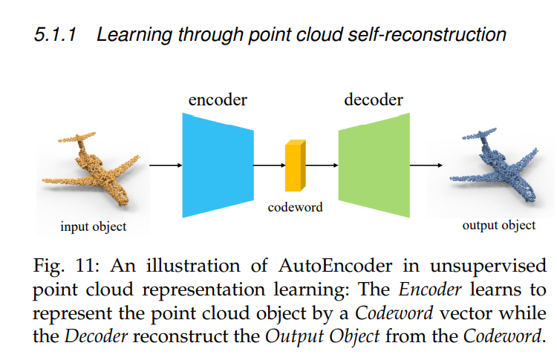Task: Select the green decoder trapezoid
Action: [x=373, y=165]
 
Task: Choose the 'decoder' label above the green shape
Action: [x=374, y=99]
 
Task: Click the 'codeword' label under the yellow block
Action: [x=296, y=207]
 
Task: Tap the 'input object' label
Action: [x=94, y=226]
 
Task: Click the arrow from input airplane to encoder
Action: [x=165, y=165]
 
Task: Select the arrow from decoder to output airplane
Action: [x=427, y=165]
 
